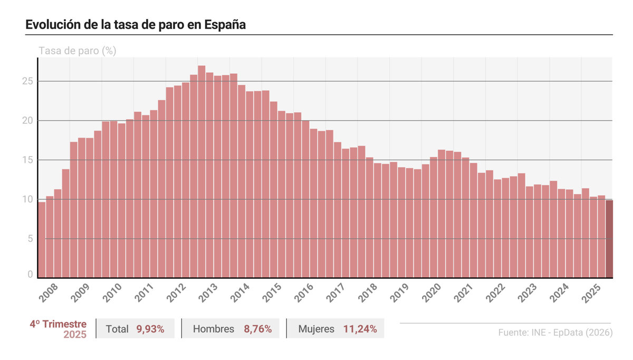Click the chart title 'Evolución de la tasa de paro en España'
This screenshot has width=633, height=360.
[136, 25]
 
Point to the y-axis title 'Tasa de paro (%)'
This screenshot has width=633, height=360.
[77, 51]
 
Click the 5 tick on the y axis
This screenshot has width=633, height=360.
[31, 239]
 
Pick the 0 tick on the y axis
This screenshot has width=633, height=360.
[31, 275]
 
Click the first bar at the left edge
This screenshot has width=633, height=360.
[42, 240]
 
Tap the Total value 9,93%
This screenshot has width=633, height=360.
[150, 329]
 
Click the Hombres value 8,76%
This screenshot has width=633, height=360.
[257, 329]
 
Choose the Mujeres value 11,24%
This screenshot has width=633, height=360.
[360, 329]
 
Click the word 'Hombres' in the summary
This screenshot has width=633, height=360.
[214, 329]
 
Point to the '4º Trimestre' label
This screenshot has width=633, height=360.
[58, 324]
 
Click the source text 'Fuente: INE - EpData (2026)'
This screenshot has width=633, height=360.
[555, 333]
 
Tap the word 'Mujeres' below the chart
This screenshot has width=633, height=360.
[316, 329]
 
